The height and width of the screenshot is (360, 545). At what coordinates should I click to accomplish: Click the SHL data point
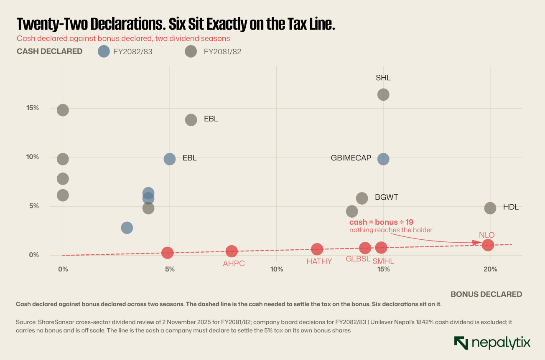click(383, 94)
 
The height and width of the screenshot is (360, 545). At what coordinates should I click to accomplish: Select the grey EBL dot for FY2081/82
click(191, 120)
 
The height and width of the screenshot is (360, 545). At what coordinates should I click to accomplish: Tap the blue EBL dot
click(170, 159)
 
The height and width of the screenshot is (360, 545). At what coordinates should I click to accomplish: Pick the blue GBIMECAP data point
click(383, 159)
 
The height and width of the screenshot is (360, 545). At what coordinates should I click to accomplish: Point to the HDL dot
click(490, 208)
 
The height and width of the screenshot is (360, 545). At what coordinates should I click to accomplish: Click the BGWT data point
click(362, 198)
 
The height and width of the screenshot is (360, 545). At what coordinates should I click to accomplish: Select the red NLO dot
click(488, 245)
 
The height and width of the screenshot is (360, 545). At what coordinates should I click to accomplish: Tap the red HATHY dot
click(317, 249)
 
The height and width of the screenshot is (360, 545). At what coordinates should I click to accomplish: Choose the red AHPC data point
click(232, 251)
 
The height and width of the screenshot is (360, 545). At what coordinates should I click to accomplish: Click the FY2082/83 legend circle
click(104, 51)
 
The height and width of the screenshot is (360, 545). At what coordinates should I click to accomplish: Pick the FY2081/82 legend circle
click(191, 51)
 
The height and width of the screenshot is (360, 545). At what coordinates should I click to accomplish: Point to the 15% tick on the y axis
click(33, 108)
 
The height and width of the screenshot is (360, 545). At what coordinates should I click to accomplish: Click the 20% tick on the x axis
click(490, 269)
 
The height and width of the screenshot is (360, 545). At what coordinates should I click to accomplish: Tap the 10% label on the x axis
click(277, 269)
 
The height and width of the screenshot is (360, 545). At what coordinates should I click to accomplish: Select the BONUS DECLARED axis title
click(486, 294)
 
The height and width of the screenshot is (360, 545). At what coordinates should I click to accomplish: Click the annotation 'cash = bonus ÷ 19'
click(381, 222)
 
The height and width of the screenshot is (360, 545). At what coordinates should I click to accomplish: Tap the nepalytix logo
click(492, 343)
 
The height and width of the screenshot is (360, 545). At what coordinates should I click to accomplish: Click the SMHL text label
click(383, 261)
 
